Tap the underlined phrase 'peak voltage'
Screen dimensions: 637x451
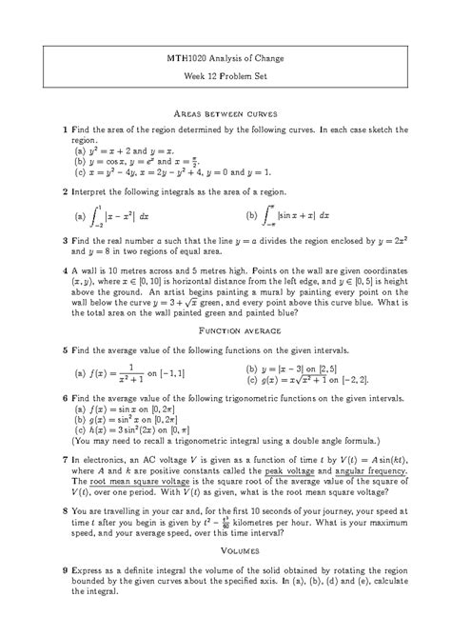(x=295, y=470)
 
